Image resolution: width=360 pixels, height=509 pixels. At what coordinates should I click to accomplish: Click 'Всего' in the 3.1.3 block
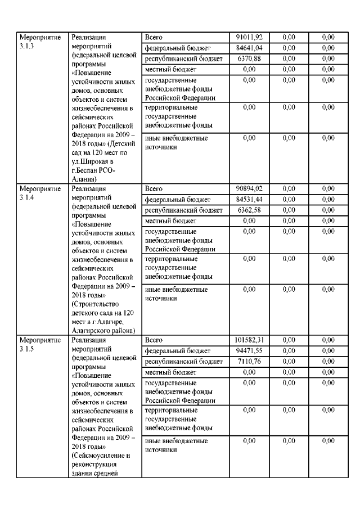point(154,37)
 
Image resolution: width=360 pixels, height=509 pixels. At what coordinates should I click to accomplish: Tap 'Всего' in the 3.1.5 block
point(154,340)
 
